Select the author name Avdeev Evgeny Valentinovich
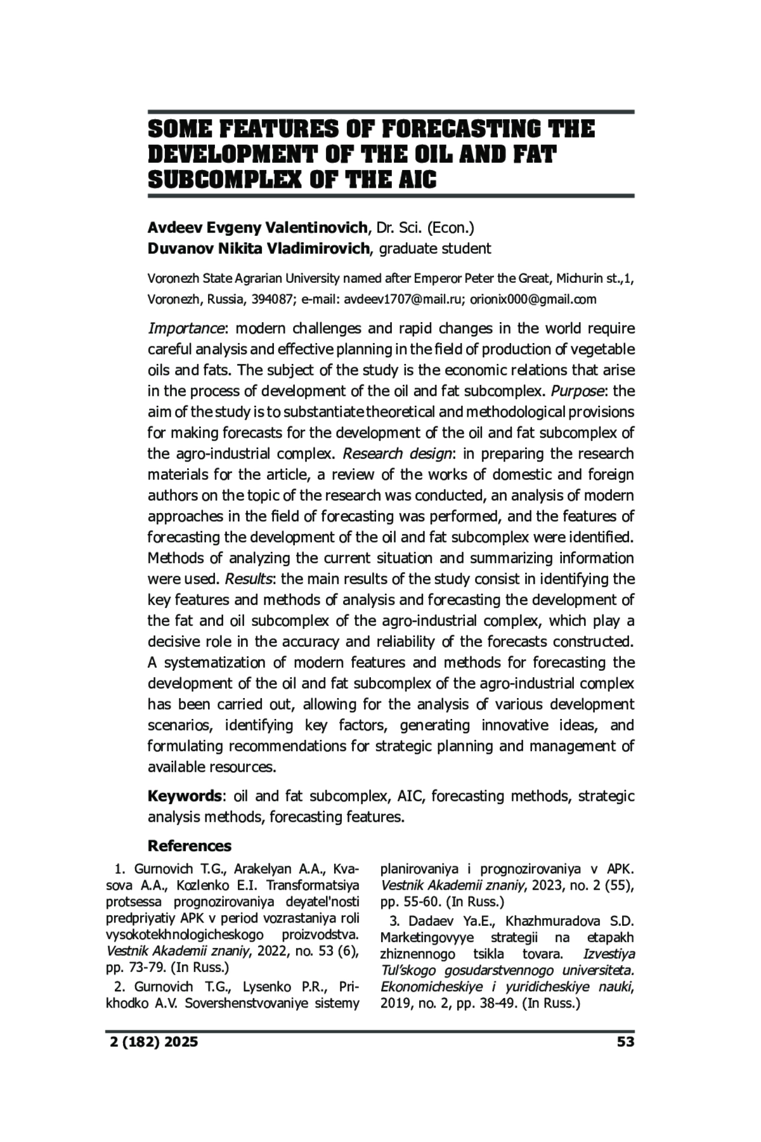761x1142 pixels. coord(257,227)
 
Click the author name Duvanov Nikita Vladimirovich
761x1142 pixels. coord(257,248)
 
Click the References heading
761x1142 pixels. coord(190,846)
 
